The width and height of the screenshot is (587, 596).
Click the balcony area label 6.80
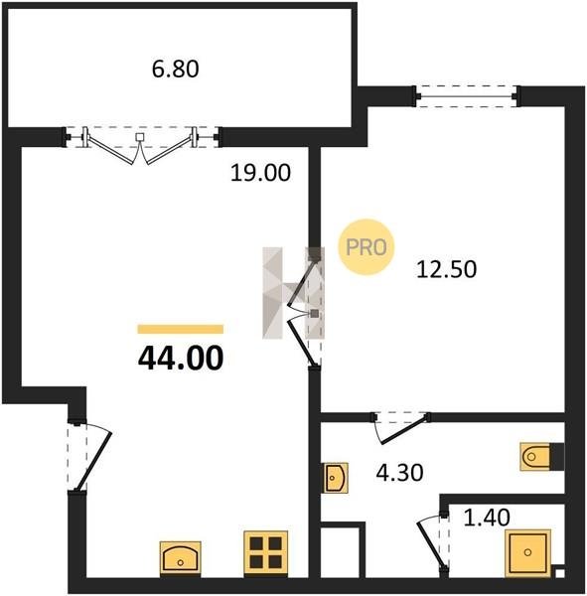click(175, 70)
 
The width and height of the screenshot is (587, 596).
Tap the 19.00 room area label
click(261, 173)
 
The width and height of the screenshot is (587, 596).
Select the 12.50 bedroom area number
click(446, 269)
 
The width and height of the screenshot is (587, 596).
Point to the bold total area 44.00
click(181, 358)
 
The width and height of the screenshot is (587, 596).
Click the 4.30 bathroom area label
click(399, 473)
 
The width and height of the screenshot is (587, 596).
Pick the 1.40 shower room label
click(487, 518)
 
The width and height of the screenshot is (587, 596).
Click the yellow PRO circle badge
click(367, 247)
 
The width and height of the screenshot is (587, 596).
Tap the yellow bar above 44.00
click(180, 329)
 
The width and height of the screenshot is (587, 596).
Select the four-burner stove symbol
click(266, 552)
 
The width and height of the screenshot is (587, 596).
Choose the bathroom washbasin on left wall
click(335, 478)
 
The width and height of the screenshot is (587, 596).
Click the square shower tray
click(527, 553)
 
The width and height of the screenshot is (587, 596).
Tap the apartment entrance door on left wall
click(89, 457)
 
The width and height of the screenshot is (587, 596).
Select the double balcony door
click(141, 145)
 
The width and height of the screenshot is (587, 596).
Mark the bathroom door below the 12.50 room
click(401, 427)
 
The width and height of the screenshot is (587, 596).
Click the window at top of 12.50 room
click(467, 96)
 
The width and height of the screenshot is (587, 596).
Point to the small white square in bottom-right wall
click(559, 573)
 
